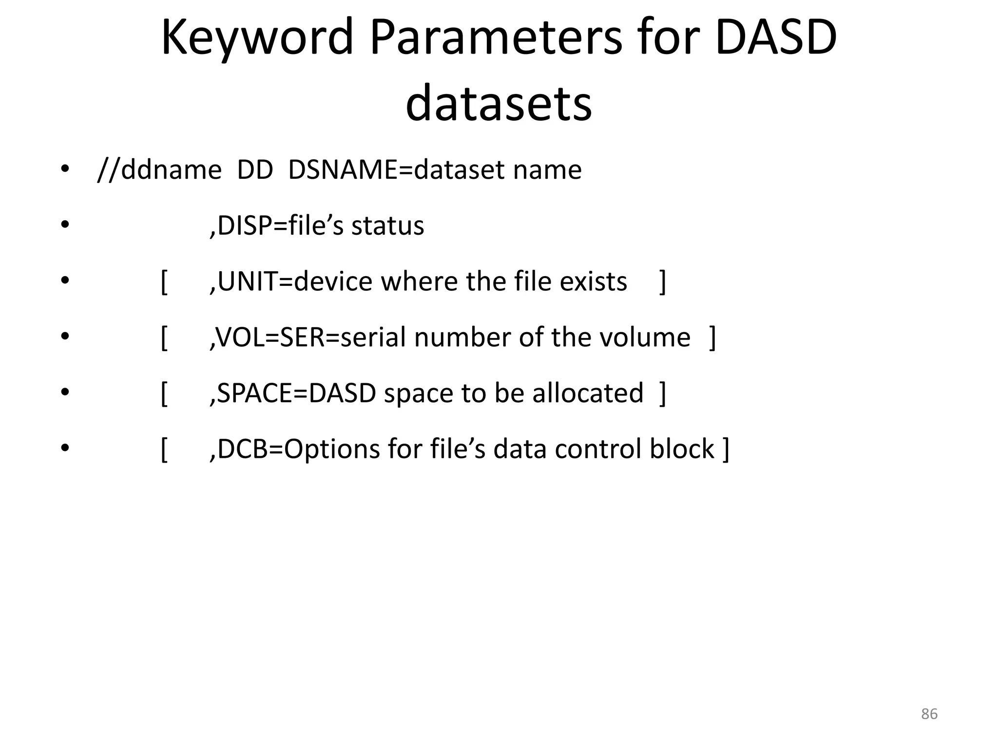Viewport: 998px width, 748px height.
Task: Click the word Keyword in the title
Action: point(257,38)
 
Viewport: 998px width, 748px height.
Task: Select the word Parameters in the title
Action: point(496,38)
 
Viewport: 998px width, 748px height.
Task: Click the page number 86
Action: point(929,714)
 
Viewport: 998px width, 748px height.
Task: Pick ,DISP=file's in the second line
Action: point(276,226)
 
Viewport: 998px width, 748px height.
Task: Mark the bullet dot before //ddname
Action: point(65,169)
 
